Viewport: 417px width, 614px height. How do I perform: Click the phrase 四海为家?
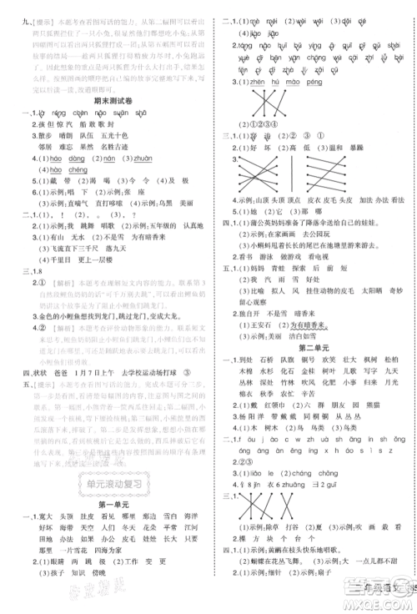pyautogui.click(x=114, y=551)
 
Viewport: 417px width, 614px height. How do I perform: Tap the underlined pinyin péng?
pyautogui.click(x=313, y=82)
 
